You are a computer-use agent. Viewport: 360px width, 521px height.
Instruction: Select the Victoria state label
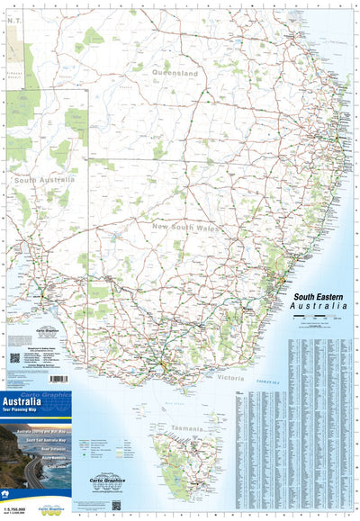click(x=230, y=379)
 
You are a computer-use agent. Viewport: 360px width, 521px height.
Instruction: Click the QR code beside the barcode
click(x=15, y=357)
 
